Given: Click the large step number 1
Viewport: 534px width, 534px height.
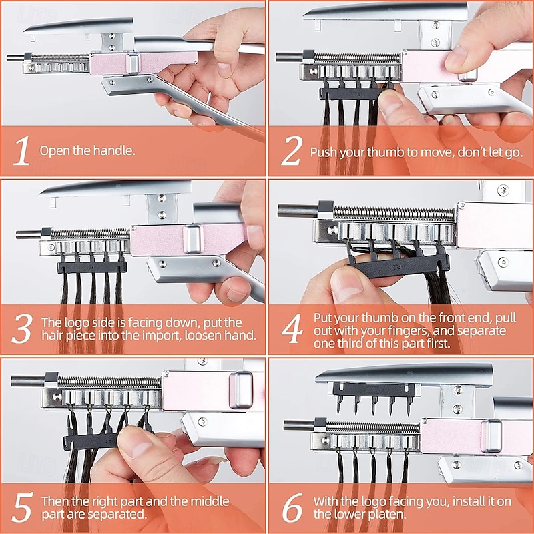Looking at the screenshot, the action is point(22,151).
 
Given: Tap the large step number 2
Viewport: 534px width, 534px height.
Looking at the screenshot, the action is point(292,151).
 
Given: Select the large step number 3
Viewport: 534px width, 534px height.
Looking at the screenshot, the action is point(22,328).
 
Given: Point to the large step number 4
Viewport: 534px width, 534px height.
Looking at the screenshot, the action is point(292,328).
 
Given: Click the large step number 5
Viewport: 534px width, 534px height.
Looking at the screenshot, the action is point(23,507).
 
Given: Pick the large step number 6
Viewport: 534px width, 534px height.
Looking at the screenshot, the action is point(292,507).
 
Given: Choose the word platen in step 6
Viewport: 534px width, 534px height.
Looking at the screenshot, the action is point(388,514).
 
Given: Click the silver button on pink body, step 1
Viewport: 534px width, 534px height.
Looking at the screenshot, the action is point(132,63).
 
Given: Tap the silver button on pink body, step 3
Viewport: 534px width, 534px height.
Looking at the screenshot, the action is point(193,239).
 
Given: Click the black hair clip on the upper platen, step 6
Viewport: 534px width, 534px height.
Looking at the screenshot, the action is point(374,396).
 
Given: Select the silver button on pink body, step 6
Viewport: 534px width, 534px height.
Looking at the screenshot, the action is point(491,436).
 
